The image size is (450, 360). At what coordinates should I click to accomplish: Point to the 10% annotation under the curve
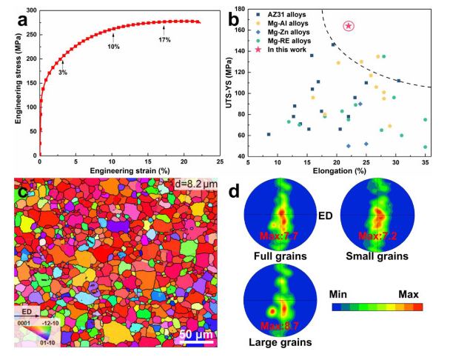(114, 47)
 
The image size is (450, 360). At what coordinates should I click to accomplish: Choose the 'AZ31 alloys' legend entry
(277, 14)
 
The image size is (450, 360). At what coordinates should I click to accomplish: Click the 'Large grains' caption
(279, 342)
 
